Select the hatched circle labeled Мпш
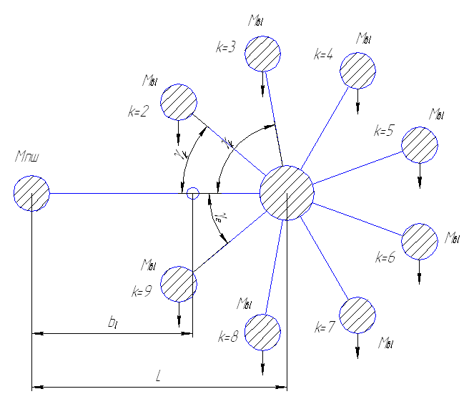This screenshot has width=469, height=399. [31, 193]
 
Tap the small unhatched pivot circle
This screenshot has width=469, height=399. [192, 193]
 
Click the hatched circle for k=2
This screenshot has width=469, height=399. [178, 102]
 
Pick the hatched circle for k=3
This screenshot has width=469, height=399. [262, 54]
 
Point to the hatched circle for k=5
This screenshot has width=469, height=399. [419, 145]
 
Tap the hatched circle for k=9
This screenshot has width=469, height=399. [178, 284]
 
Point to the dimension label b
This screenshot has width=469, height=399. [112, 322]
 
